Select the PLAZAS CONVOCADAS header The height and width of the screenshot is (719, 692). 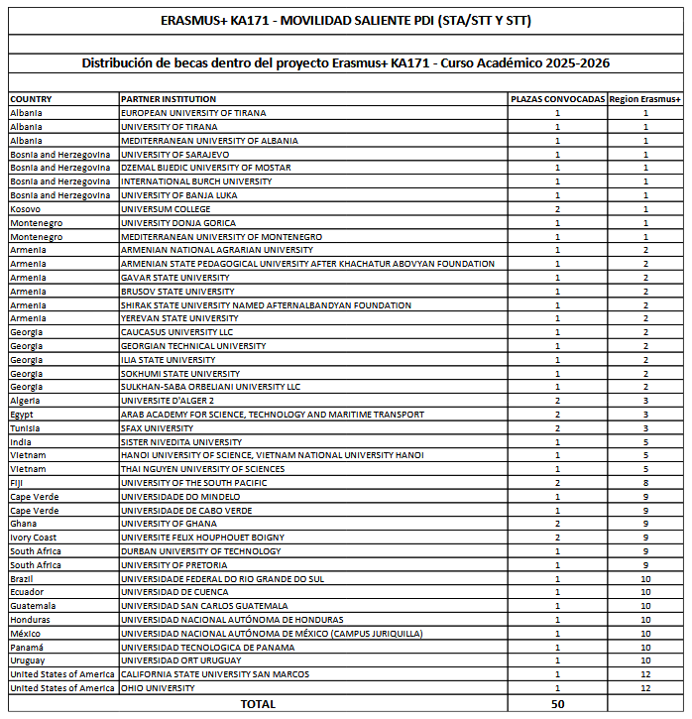tap(557, 100)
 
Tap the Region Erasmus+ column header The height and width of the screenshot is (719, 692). tap(645, 100)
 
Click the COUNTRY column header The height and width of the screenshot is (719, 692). tap(31, 100)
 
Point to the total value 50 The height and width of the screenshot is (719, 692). tap(557, 703)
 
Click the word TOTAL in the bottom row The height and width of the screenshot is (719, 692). tap(258, 703)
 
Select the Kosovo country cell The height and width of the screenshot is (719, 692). tap(26, 209)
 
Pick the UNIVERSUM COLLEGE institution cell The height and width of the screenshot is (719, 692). tap(166, 209)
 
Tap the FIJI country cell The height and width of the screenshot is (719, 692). tap(19, 483)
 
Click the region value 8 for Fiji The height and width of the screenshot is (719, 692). tap(645, 483)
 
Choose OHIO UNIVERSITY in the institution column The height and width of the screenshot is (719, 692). tap(158, 688)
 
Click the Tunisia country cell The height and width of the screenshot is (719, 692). tap(26, 428)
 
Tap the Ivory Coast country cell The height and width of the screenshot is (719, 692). tap(34, 538)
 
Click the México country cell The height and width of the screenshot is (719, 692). tap(26, 634)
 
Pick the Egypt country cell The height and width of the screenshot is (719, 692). tap(22, 415)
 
